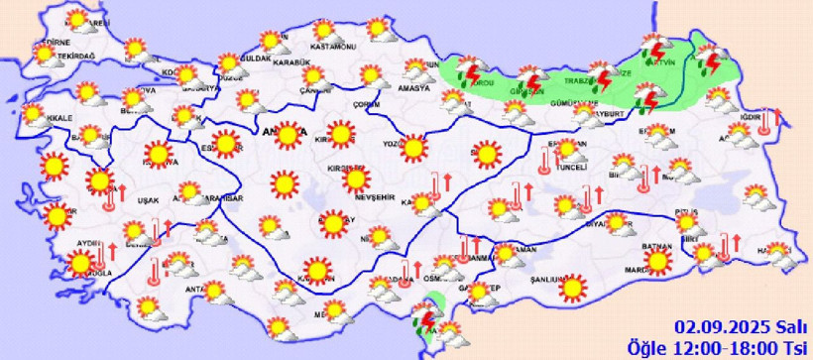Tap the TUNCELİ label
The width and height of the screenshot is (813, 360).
[x=573, y=168]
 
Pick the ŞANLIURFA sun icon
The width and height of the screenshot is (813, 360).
[x=573, y=288]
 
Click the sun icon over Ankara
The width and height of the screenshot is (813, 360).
[x=289, y=135]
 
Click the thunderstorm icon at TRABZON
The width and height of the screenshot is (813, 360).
[x=600, y=76]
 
